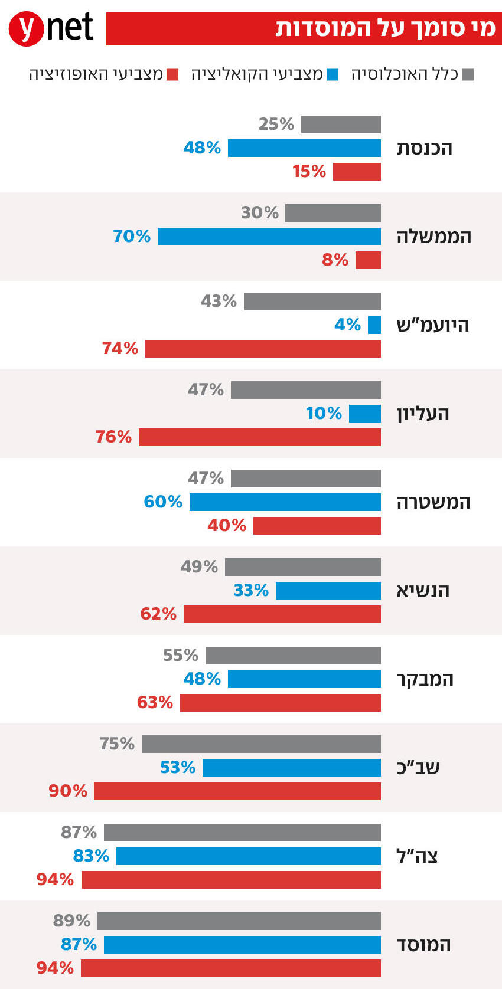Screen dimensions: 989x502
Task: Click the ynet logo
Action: [x=52, y=28]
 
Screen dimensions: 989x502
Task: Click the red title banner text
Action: [x=386, y=28]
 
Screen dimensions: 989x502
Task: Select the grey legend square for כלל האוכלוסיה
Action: [x=468, y=75]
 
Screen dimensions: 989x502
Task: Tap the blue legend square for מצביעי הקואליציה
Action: [x=333, y=75]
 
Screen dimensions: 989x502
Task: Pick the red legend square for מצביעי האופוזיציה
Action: [x=172, y=75]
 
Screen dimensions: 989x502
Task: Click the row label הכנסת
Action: [x=425, y=148]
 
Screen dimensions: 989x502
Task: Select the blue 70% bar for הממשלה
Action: [x=269, y=237]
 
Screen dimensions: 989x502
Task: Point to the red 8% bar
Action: [x=368, y=260]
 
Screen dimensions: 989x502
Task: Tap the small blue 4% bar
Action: [x=374, y=325]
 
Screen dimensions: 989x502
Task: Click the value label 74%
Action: [x=120, y=349]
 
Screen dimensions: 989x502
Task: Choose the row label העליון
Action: [x=423, y=414]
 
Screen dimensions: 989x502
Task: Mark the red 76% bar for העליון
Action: [x=260, y=437]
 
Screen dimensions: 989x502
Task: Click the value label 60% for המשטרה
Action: [x=163, y=502]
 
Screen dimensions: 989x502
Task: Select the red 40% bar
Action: [x=317, y=526]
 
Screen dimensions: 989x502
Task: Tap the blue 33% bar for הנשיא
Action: [x=328, y=591]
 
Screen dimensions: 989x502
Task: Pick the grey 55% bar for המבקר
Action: [x=293, y=656]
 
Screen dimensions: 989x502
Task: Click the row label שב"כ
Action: [x=418, y=768]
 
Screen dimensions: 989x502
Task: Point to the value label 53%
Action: [x=177, y=768]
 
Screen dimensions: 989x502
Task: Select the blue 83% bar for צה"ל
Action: [x=249, y=856]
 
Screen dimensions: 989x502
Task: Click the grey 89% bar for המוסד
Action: [x=239, y=921]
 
